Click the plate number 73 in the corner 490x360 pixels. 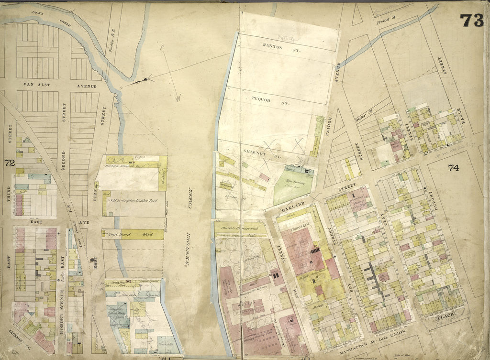(x=471, y=21)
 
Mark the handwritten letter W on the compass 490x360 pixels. (x=178, y=99)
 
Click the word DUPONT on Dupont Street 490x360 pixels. (x=435, y=197)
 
